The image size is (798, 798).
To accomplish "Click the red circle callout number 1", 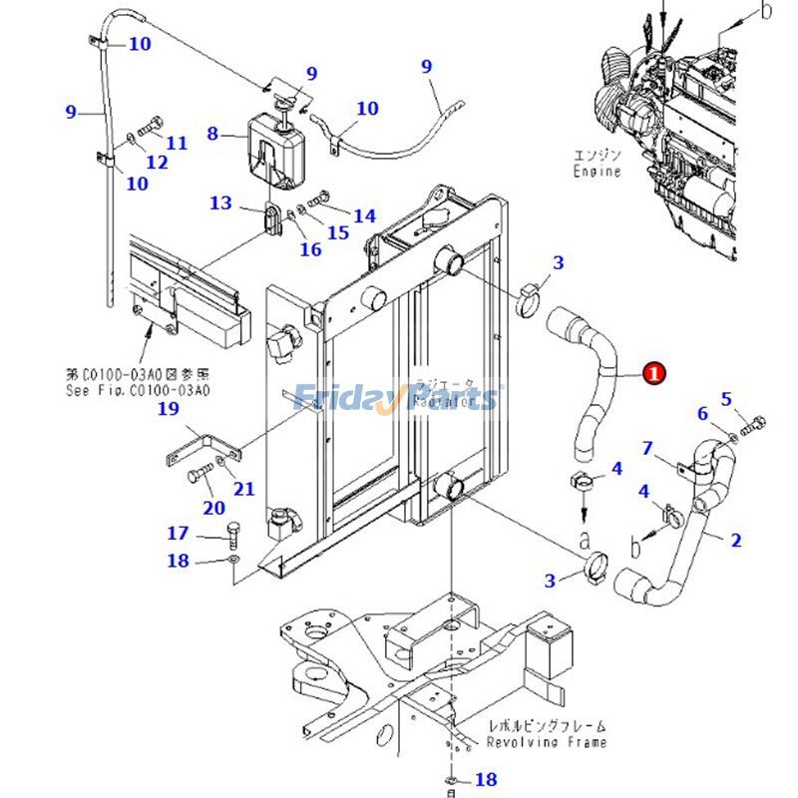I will coord(653,373).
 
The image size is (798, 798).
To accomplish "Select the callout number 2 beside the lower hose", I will coord(736,541).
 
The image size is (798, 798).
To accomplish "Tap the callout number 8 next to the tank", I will coord(212,133).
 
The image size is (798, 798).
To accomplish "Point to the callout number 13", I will coord(220,203).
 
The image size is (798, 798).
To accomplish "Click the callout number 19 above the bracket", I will coord(168,409).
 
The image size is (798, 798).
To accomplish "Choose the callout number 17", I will coord(178,534).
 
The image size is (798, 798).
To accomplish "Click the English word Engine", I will coord(597,172).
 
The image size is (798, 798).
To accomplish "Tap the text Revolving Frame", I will coord(546,742).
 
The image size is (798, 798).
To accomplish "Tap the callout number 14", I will coord(364,215).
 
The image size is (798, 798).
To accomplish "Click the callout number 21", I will coord(243,489).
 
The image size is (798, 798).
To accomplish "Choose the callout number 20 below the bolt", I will coord(213,508).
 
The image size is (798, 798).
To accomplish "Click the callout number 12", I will coord(157,163).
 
